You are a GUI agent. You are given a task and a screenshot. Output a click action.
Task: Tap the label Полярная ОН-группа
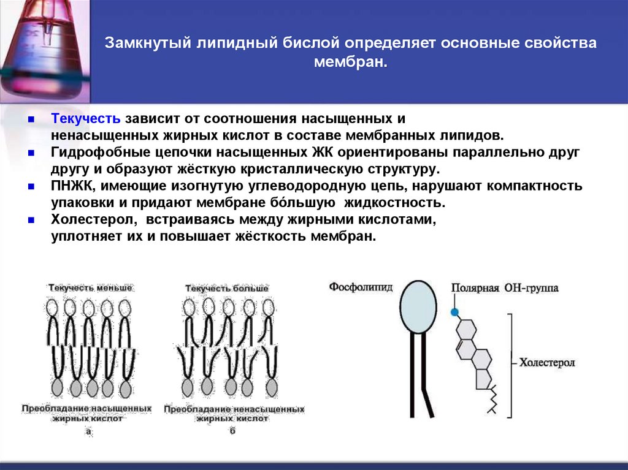504,287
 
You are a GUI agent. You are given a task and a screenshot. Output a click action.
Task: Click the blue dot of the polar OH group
454,312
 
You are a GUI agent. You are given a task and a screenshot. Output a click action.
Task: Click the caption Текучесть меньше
90,287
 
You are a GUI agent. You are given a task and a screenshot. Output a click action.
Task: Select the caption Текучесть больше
226,287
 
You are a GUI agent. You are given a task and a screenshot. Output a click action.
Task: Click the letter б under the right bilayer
232,431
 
